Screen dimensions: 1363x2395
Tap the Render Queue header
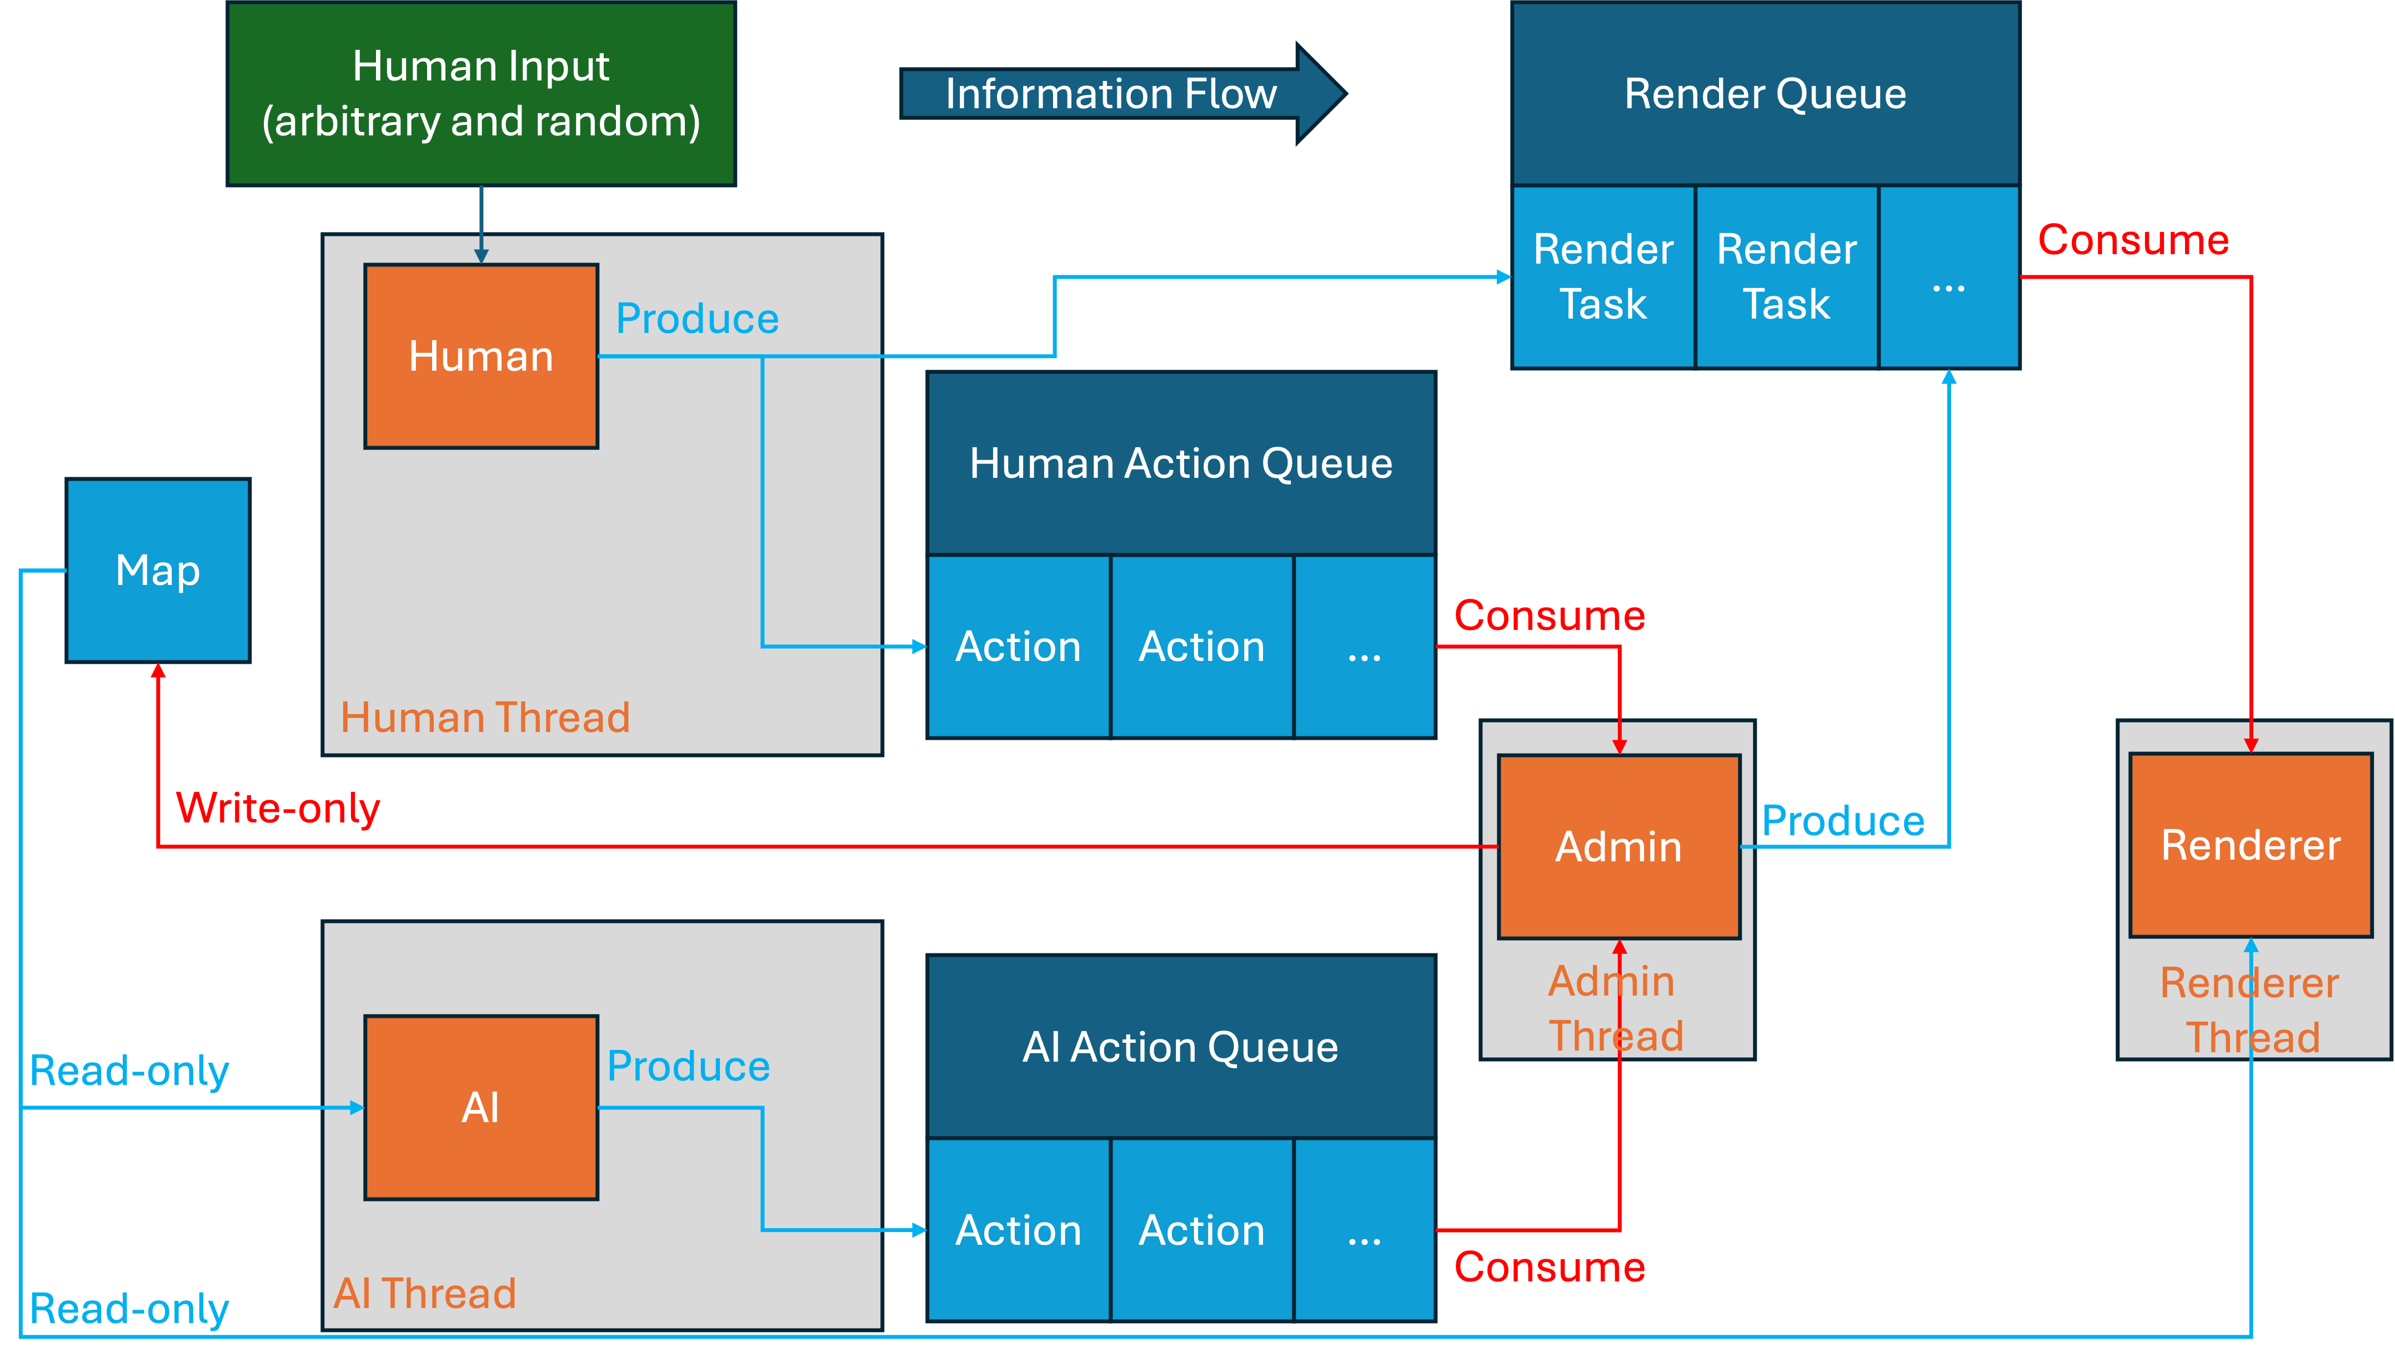tap(1765, 94)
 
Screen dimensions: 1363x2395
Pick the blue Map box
tap(157, 570)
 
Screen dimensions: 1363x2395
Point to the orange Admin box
tap(1619, 846)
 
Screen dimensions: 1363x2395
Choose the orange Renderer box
tap(2250, 845)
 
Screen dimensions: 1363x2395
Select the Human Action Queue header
tap(1180, 463)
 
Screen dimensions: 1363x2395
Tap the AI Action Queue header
tap(1180, 1047)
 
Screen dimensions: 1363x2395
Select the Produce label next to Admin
tap(1842, 821)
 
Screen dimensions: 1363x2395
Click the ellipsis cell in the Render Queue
tap(1948, 276)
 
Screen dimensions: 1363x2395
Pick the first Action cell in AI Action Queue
tap(1018, 1230)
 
